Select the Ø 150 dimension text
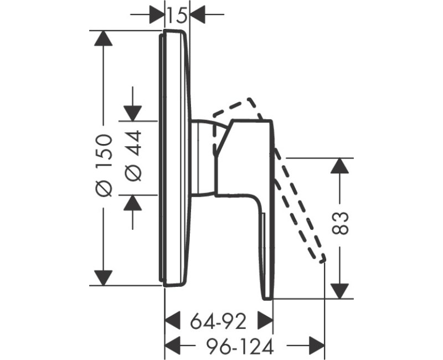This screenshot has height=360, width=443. tap(104, 165)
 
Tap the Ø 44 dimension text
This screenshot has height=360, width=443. tap(133, 156)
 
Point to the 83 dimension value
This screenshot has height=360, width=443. tap(339, 223)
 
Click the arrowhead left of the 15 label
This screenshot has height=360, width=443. tap(156, 14)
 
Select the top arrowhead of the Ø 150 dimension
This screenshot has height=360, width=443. tap(104, 38)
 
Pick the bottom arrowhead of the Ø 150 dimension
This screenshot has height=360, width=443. tap(104, 278)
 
